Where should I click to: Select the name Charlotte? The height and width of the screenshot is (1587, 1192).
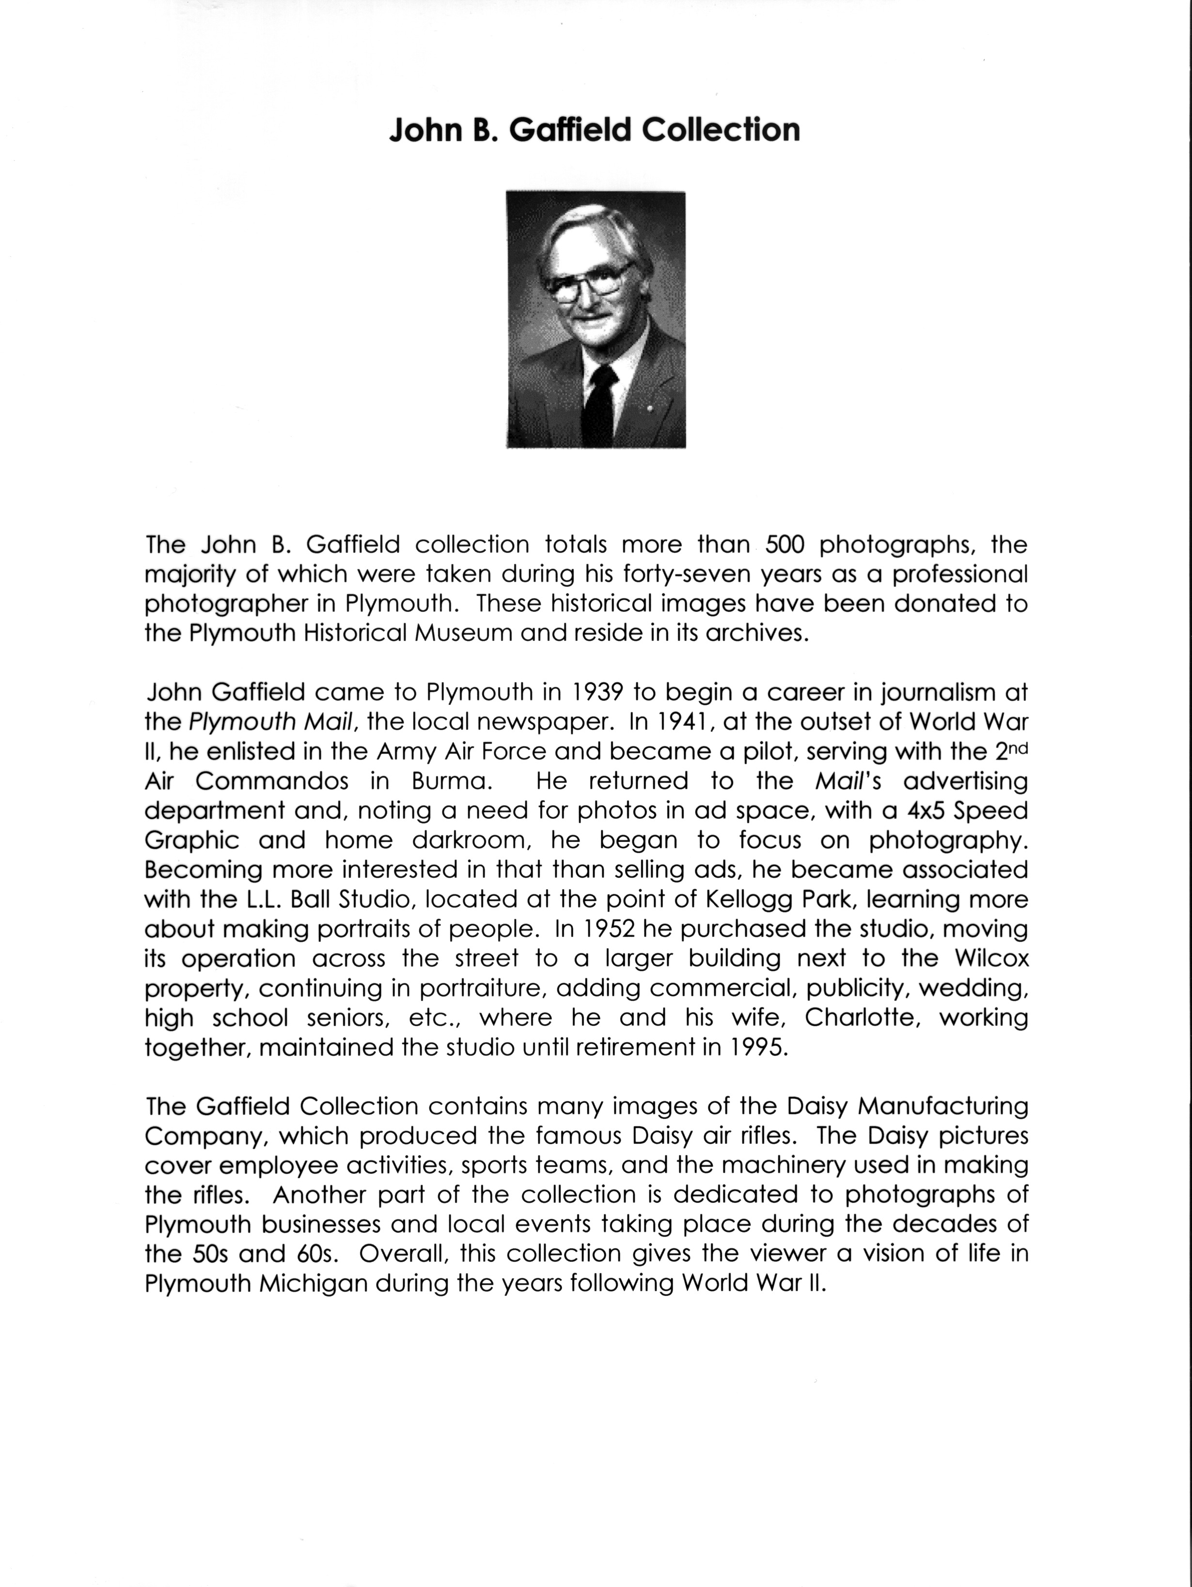coord(863,1017)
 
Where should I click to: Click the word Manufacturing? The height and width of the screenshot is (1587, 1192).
coord(943,1106)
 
